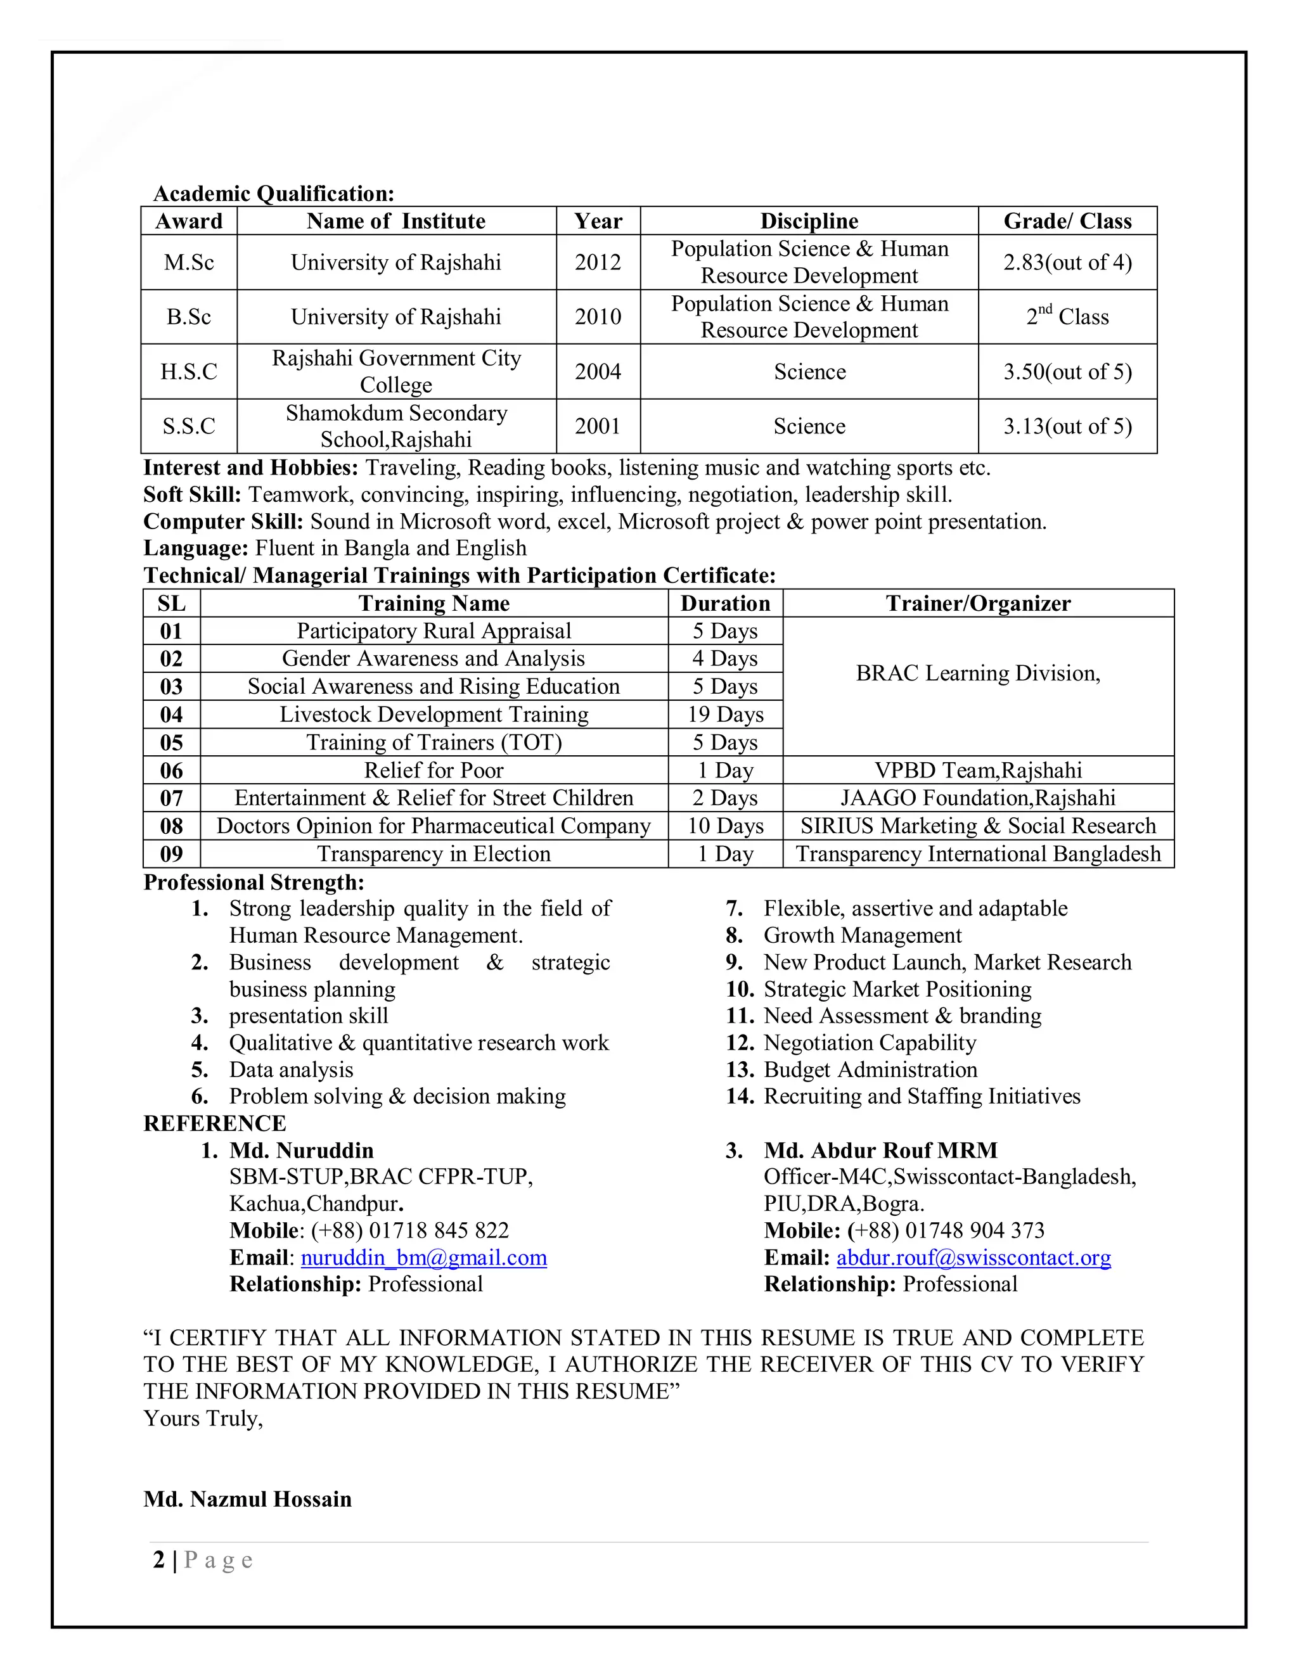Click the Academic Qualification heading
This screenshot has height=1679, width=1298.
[274, 193]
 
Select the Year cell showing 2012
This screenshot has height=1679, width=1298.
[598, 262]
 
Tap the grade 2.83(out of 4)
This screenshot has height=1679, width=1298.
[1067, 262]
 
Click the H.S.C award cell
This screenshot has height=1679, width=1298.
[188, 371]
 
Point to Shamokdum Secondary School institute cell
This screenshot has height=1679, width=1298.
[396, 426]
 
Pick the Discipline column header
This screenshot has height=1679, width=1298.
[809, 220]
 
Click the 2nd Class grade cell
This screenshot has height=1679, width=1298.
[1067, 317]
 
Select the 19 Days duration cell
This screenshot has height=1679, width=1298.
[725, 714]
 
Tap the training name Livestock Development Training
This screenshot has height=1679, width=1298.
[434, 714]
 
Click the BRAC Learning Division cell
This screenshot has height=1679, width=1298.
[977, 674]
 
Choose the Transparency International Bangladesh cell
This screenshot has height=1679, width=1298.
[977, 853]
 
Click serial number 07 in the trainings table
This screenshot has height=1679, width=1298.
[172, 798]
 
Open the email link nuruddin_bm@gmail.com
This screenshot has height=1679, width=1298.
[424, 1257]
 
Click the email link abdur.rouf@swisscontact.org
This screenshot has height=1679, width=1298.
[973, 1257]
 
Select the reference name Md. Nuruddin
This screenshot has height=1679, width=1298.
[302, 1150]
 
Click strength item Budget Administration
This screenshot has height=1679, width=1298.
[870, 1069]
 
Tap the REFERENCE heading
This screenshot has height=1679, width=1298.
[215, 1123]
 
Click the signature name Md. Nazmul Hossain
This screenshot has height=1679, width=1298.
[248, 1498]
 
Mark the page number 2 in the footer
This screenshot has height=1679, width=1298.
[159, 1560]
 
